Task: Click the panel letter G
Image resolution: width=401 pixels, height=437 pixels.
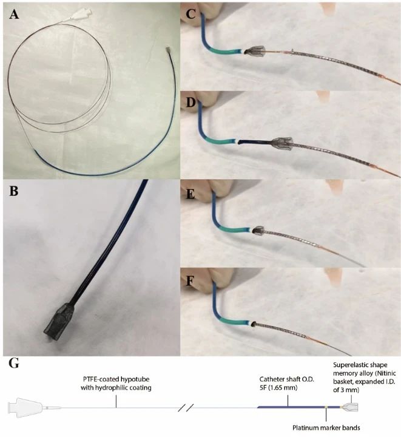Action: tap(14, 365)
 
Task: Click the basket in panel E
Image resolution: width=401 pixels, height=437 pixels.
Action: tap(257, 231)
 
